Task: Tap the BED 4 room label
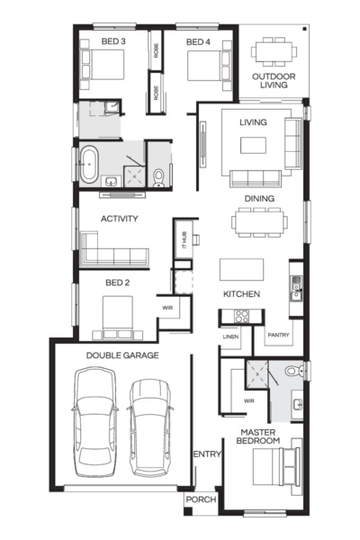point(198,42)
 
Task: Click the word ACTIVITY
point(119,219)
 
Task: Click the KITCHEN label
point(242,294)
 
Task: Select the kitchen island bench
point(242,270)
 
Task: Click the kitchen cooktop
point(242,316)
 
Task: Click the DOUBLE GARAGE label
point(122,355)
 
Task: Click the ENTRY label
point(206,454)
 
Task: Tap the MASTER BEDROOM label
point(257,436)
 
